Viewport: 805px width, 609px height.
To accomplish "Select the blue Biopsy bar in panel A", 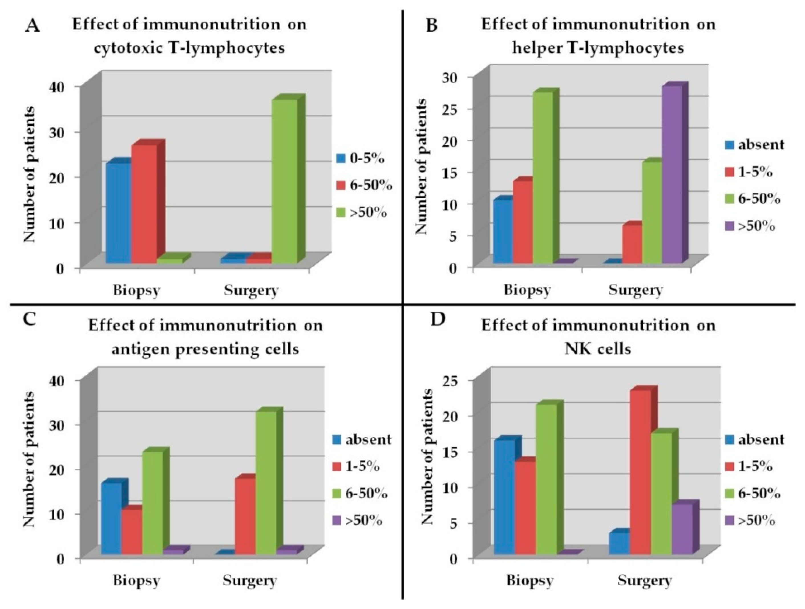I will coord(118,213).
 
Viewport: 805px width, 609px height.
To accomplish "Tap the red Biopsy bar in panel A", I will coord(144,204).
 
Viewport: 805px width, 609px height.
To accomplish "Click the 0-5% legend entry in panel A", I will coord(360,158).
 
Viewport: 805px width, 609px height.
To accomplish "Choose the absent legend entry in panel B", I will coord(754,145).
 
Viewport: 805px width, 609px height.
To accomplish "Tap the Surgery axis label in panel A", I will coord(251,290).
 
